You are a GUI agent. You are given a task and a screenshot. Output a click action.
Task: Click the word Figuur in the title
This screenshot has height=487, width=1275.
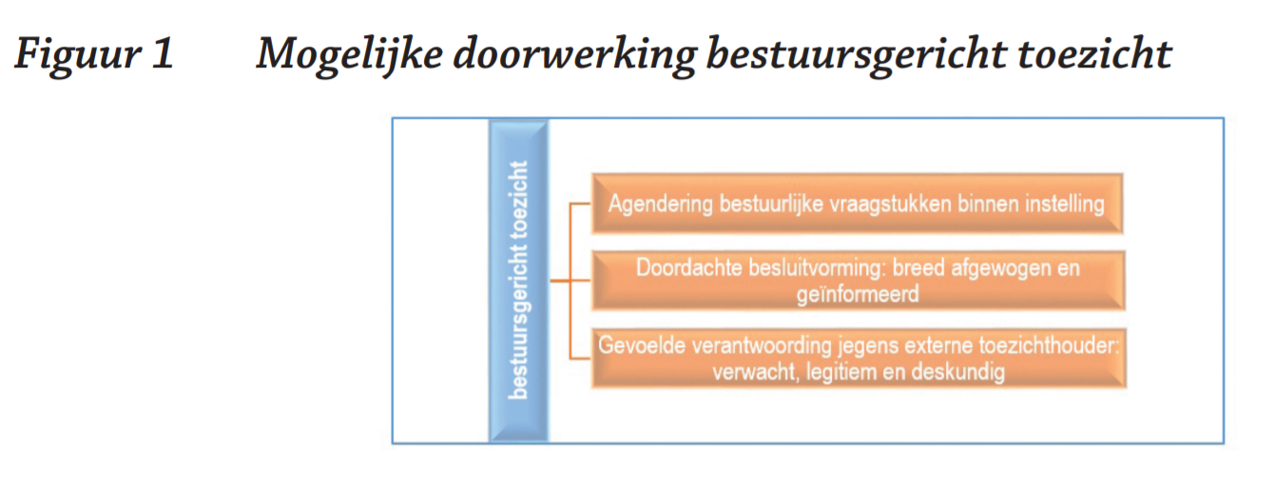[78, 54]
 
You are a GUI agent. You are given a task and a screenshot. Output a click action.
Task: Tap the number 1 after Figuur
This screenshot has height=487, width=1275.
[163, 53]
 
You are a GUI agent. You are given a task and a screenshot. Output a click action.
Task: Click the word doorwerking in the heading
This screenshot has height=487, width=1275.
[574, 54]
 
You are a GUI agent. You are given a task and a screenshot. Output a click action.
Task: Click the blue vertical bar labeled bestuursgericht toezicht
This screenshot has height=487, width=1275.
[518, 281]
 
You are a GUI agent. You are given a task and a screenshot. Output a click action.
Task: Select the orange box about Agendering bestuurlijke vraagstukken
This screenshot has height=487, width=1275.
[858, 204]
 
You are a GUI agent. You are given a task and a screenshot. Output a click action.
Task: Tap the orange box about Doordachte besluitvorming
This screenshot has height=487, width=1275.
[859, 281]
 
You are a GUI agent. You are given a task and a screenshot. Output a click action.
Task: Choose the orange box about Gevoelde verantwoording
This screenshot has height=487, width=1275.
[859, 359]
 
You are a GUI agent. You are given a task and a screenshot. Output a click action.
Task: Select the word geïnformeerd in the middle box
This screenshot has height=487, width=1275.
[858, 295]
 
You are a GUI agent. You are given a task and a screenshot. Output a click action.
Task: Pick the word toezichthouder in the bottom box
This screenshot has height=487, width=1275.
[1049, 345]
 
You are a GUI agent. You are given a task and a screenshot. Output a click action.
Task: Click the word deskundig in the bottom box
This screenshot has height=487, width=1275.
[958, 372]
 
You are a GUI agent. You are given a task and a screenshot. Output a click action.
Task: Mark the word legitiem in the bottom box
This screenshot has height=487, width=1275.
[841, 372]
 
